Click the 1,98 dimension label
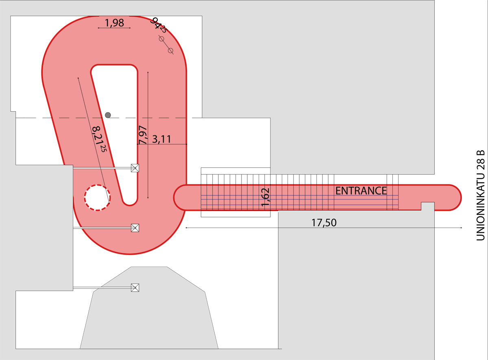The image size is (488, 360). [114, 23]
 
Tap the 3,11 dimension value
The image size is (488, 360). [162, 139]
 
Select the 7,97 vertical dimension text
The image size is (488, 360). [143, 135]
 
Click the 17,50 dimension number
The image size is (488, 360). [324, 223]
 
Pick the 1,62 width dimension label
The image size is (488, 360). [265, 197]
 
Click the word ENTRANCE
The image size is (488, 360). [361, 191]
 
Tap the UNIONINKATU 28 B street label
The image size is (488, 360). [481, 195]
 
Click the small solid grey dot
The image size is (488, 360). [108, 115]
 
